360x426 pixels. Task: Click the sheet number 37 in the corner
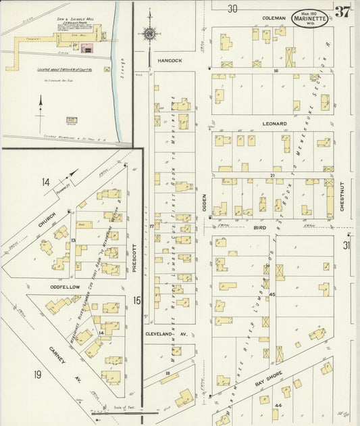coord(342,11)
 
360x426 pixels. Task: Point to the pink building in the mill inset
coord(87,48)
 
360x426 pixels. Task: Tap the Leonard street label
coord(275,124)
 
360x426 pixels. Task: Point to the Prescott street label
coord(134,257)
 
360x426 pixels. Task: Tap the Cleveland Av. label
coord(167,333)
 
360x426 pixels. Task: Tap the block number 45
coord(272,295)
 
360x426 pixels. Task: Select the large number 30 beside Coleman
coord(232,9)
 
